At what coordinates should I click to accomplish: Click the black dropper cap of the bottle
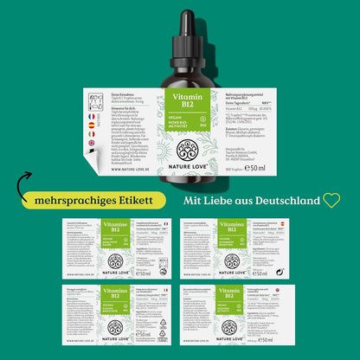[x=180, y=26]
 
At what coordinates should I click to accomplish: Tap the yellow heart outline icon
[x=332, y=201]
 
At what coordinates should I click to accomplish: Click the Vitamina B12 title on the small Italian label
[x=114, y=294]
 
